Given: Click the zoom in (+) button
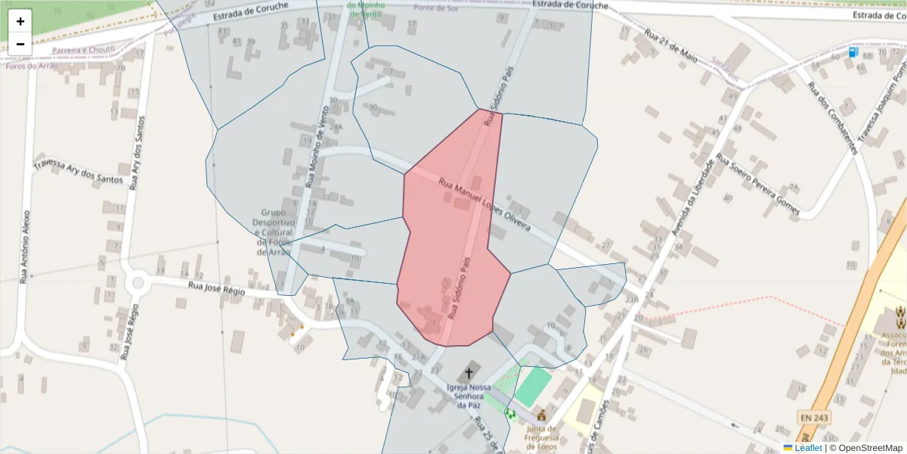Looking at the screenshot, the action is point(20,21).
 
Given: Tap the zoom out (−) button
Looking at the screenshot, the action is point(20,44).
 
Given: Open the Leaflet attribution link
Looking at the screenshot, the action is point(808,448).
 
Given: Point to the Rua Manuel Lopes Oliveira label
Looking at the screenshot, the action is point(484,205).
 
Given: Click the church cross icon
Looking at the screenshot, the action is point(469,372).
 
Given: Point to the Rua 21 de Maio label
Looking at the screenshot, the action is point(670,47).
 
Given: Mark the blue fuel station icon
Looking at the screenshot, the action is point(853,52).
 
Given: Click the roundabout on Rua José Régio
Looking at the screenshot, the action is point(138,284).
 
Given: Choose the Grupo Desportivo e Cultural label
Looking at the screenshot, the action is point(273,232).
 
